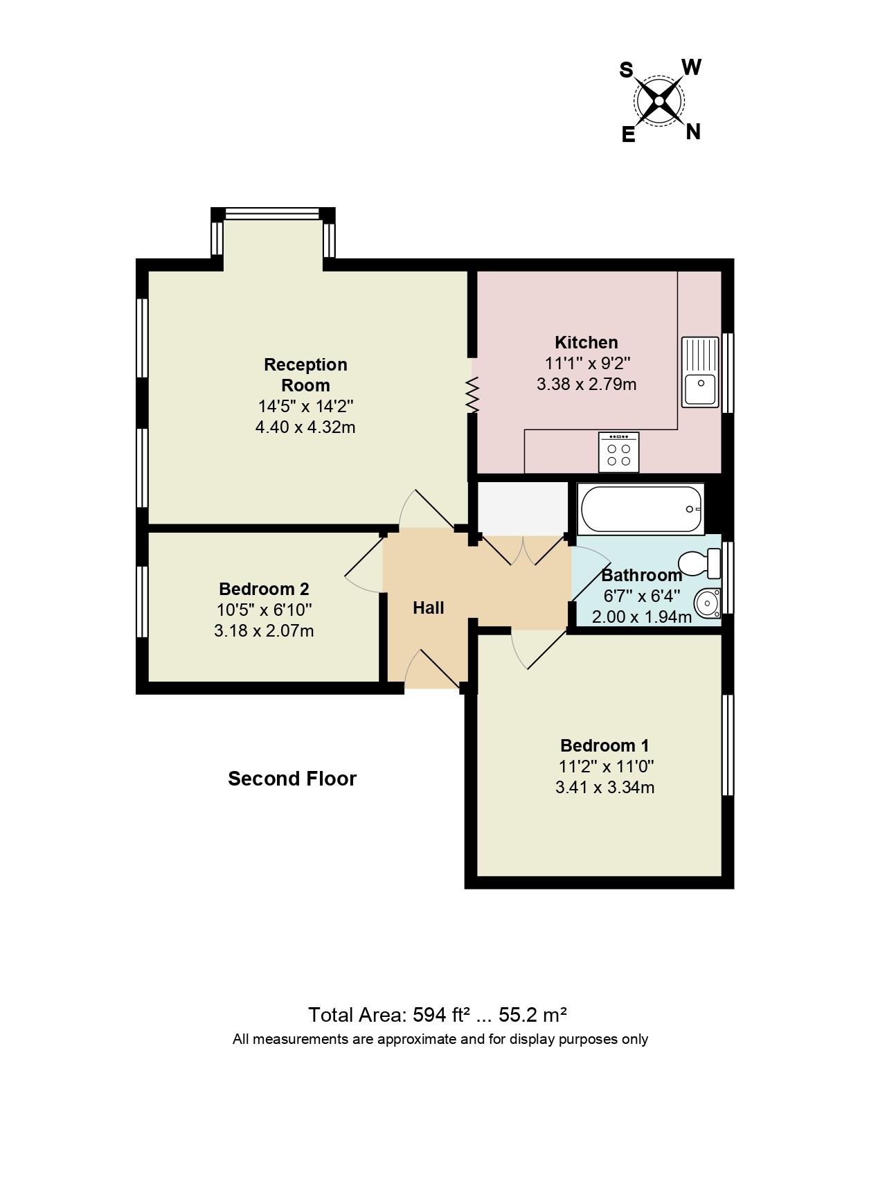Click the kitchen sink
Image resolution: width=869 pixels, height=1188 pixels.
coord(700,372)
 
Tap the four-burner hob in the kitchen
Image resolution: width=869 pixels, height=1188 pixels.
coord(618,452)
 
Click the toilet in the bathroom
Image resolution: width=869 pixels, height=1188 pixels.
coord(699,562)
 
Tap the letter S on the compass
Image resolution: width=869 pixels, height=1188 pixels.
coord(626,70)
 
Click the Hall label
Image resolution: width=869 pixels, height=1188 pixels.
coord(428,608)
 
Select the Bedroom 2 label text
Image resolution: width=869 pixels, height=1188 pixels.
coord(264,589)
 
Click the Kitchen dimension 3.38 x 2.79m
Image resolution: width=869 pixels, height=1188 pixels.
coord(586,384)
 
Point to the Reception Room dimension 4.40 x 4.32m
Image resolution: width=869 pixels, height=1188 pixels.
coord(305,427)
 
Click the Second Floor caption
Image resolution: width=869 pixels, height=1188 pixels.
coord(292,779)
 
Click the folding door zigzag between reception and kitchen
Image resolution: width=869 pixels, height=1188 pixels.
coord(472,395)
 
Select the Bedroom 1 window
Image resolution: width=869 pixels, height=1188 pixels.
coord(728,745)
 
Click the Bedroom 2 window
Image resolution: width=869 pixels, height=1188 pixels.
coord(142,601)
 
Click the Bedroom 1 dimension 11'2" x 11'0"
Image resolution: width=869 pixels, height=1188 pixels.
coord(604,766)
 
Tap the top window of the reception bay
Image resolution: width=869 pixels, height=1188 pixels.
coord(273,213)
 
